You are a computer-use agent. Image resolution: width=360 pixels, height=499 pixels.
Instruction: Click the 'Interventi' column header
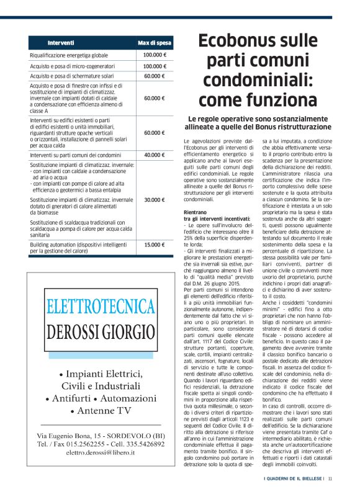tap(61, 43)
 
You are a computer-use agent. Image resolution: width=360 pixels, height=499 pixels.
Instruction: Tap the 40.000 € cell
tap(155, 155)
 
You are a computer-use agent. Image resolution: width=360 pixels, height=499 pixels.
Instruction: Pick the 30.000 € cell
tap(155, 200)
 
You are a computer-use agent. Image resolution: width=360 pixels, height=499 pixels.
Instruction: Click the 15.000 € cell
tap(155, 245)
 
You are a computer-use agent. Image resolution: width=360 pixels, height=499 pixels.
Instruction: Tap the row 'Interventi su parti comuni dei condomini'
tap(75, 155)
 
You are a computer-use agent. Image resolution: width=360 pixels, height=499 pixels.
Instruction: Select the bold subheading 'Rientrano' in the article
tap(196, 213)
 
